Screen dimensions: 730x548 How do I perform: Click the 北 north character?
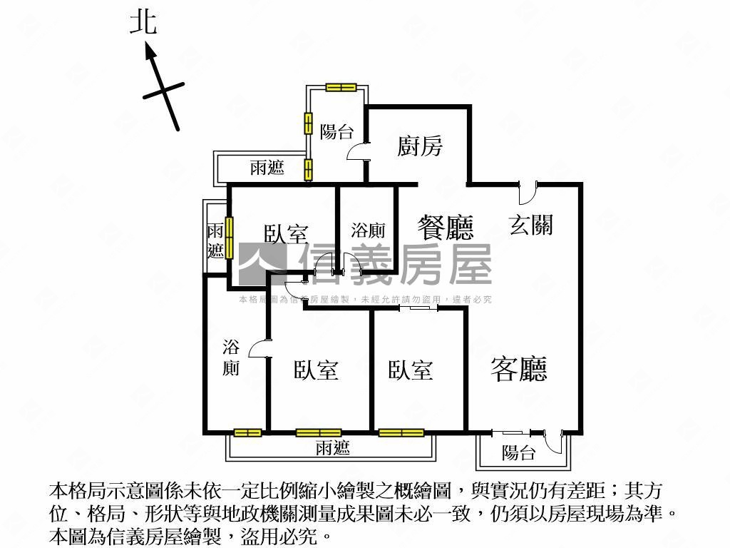[x=143, y=24]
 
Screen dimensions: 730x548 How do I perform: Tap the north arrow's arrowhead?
[x=150, y=51]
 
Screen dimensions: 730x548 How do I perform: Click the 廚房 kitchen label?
[x=419, y=146]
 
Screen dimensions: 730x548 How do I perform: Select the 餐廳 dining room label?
[x=446, y=228]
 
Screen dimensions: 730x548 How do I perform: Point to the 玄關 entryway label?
[x=530, y=225]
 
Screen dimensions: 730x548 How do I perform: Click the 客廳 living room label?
[x=519, y=369]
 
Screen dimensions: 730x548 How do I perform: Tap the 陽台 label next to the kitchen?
[x=336, y=131]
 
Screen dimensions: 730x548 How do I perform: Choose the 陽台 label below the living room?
[x=519, y=452]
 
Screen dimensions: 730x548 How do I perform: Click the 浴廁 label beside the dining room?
[x=368, y=230]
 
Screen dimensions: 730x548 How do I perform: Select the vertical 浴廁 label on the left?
[x=231, y=357]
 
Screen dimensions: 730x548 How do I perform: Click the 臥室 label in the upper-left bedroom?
[x=287, y=234]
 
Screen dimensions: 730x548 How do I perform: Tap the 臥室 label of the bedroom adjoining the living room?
[x=411, y=370]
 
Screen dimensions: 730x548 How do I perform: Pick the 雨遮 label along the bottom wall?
[x=332, y=448]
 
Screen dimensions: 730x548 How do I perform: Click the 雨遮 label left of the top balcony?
[x=267, y=167]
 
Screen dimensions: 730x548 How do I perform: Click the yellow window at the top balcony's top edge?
[x=341, y=87]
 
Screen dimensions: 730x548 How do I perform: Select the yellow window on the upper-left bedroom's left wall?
[x=229, y=238]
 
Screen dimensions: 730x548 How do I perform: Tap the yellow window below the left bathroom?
[x=247, y=433]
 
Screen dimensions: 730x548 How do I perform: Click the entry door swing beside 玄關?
[x=528, y=194]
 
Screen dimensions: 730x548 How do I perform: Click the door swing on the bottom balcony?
[x=554, y=442]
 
